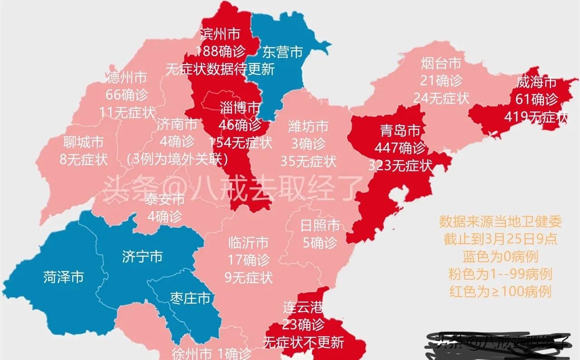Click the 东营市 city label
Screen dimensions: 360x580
282,52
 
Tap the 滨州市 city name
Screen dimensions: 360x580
220,34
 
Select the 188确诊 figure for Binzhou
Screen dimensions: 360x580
220,51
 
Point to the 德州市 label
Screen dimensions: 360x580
127,78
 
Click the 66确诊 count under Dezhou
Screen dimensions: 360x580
127,95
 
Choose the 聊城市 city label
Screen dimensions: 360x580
83,142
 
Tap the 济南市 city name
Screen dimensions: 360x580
177,124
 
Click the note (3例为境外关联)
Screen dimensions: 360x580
177,159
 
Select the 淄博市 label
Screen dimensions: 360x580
240,108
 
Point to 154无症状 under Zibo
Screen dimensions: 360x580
240,142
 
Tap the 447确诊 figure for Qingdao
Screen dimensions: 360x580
400,148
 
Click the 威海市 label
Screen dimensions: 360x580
536,82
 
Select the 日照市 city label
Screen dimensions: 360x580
320,225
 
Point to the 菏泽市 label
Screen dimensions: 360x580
63,277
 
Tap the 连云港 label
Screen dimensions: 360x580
303,307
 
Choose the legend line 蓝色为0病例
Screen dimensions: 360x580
500,257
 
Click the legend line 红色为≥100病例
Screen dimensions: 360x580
500,292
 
